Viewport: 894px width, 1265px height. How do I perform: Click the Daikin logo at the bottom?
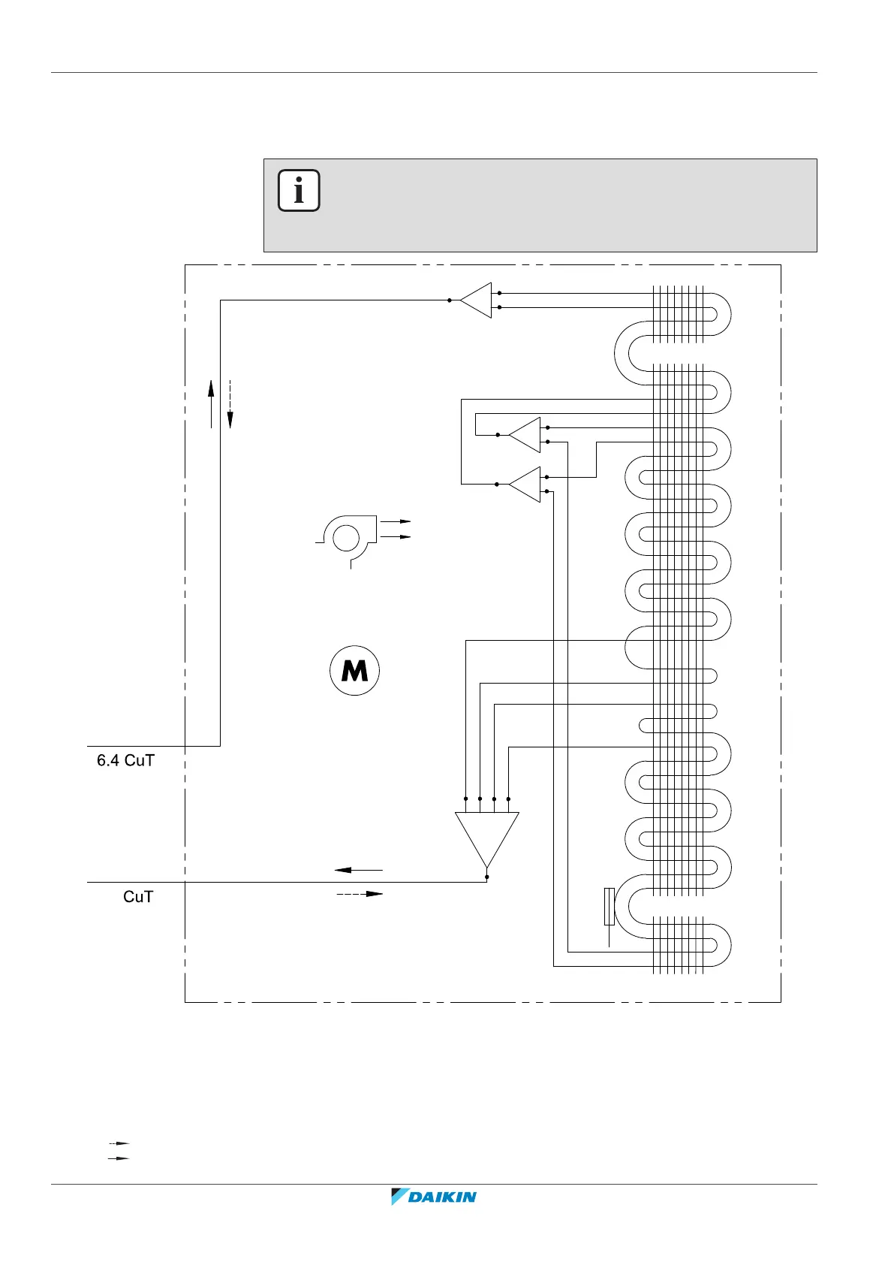point(434,1197)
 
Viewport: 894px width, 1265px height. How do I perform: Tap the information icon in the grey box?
point(299,191)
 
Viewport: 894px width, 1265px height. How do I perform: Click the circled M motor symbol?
point(355,670)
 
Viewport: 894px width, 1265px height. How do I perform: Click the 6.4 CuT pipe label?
point(125,760)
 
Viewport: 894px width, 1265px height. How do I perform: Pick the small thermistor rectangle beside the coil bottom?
point(609,906)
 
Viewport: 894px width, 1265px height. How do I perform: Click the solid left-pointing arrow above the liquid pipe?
point(358,870)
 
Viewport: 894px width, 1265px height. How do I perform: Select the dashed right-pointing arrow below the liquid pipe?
point(360,894)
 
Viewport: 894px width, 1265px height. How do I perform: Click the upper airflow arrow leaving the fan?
point(396,521)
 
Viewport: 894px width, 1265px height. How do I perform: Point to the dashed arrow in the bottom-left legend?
point(119,1143)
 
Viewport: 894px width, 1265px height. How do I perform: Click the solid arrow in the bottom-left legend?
point(119,1158)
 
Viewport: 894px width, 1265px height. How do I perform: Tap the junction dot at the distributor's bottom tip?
point(487,876)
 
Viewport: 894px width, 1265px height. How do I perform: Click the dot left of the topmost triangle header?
point(450,300)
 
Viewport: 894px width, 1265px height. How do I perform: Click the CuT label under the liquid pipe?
point(138,897)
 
